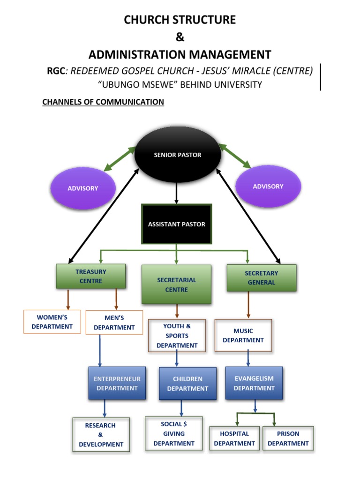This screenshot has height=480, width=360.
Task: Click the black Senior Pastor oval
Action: pos(178,155)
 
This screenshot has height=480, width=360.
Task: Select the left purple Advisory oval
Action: pos(83,188)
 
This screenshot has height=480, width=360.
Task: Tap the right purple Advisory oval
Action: pos(268,186)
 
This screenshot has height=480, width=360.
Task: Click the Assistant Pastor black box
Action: pos(177,224)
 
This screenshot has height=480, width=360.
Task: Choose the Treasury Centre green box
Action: pos(91,276)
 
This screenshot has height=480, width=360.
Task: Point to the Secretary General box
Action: pos(261,277)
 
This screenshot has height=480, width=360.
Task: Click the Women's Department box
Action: pos(52,322)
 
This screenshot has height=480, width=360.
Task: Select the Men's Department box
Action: pos(114,322)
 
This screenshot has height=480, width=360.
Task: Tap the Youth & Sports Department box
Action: pos(177,336)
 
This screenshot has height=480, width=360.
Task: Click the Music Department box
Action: pos(243,335)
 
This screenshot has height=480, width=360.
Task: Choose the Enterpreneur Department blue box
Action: pos(117,383)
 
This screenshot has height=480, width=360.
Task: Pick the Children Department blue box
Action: pos(187,383)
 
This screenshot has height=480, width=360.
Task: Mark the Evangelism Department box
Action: pos(254,383)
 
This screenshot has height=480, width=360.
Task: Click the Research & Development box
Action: pos(101,435)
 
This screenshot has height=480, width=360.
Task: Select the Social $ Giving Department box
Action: pos(174,433)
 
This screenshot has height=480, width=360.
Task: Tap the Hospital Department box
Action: pos(234,438)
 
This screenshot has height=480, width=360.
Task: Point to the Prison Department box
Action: pos(288,438)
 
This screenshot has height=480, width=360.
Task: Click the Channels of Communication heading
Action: pos(103,102)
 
